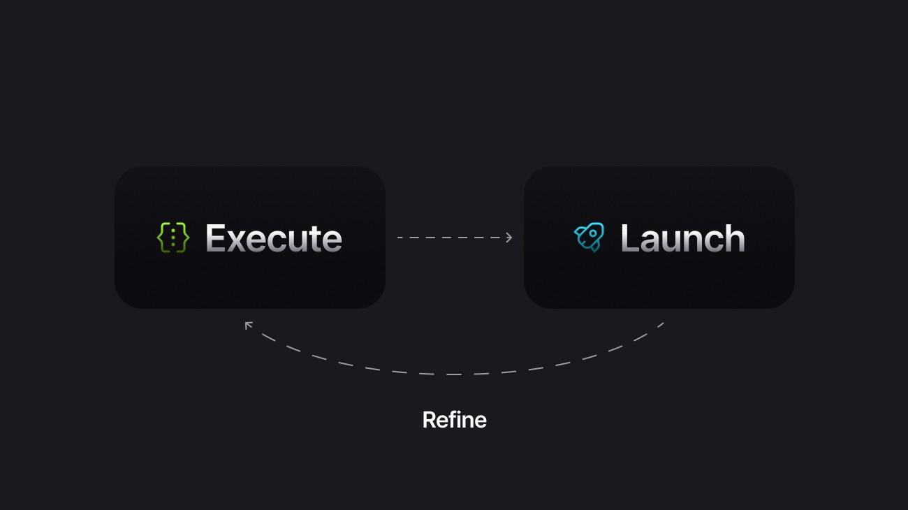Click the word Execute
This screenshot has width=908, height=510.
273,238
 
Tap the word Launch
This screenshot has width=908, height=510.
682,238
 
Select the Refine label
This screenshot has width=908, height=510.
454,420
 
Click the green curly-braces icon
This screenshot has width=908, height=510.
173,238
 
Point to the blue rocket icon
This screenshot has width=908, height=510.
589,238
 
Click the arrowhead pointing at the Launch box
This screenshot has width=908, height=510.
509,238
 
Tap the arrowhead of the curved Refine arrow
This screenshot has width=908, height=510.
248,325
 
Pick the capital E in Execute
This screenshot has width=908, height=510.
216,238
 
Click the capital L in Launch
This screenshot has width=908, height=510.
630,238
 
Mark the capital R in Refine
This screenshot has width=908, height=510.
429,420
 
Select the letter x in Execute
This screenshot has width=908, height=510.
241,241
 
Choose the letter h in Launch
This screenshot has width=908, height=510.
733,238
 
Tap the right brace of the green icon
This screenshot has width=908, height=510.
183,238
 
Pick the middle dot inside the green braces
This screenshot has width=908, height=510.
173,238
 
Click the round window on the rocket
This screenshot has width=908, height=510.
593,233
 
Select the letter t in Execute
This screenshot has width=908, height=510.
316,239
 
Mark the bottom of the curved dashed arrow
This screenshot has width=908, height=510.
454,374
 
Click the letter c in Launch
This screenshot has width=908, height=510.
712,241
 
